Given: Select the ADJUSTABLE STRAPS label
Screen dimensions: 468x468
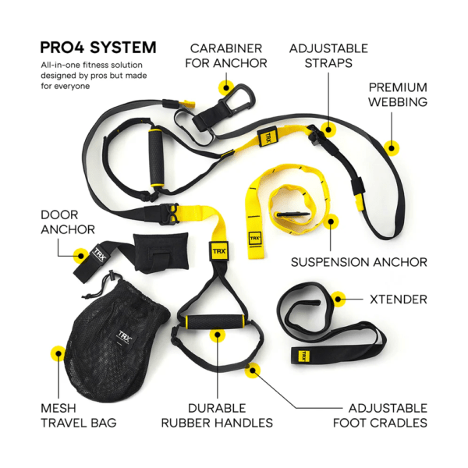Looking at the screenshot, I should [328, 55].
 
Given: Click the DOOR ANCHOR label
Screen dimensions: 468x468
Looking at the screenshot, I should [69, 221].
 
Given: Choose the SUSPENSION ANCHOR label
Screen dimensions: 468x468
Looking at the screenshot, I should [358, 262].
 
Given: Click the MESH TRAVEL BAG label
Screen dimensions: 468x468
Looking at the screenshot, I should [78, 415].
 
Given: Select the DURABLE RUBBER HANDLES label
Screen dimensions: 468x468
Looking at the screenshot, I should [217, 415].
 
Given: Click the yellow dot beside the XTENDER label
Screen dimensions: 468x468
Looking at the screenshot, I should [338, 298].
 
